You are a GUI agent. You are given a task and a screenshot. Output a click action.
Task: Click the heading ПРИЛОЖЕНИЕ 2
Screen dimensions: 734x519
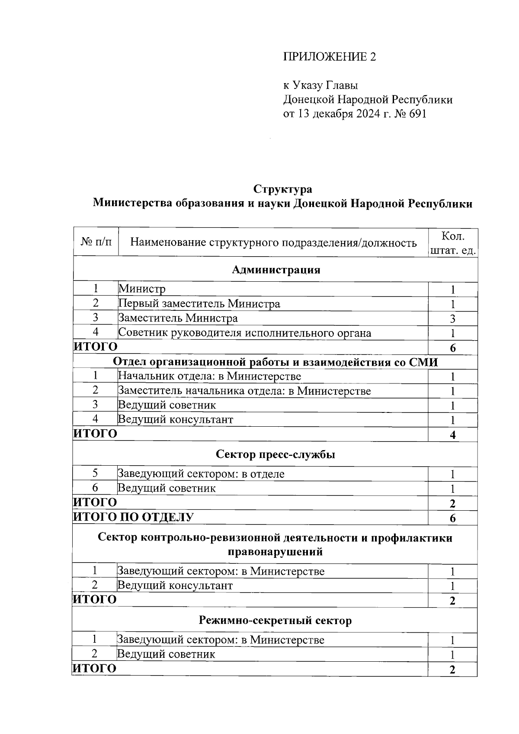point(329,57)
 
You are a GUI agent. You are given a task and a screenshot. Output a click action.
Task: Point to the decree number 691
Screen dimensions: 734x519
point(416,114)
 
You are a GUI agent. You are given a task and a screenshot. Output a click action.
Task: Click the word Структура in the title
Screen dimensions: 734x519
point(282,189)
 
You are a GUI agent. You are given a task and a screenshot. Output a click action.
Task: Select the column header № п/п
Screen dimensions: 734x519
point(96,242)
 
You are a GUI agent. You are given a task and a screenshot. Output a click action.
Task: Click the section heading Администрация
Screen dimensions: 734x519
point(276,270)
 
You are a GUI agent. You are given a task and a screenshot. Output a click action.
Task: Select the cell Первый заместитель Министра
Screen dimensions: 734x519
point(199,304)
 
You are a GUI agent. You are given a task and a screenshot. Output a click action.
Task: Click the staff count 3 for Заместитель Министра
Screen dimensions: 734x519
point(452,319)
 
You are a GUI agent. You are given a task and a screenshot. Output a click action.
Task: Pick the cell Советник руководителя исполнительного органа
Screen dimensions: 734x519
point(245,333)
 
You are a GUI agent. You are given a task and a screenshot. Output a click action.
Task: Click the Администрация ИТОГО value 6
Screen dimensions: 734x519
point(452,348)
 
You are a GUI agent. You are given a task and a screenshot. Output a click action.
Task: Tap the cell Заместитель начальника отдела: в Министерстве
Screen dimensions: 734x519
point(245,391)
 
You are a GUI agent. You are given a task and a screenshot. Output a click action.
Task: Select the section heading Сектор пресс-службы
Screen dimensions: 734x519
point(276,454)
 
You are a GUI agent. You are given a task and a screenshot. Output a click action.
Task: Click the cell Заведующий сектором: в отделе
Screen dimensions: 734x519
point(201,473)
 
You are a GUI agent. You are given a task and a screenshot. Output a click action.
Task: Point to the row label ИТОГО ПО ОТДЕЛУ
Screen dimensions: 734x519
point(133,517)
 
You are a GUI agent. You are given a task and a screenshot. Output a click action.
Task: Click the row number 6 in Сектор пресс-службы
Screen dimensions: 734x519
point(95,488)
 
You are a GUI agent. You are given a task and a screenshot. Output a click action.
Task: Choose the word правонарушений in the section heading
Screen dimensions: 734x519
point(275,552)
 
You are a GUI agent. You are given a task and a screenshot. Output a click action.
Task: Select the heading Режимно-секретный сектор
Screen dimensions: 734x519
point(275,621)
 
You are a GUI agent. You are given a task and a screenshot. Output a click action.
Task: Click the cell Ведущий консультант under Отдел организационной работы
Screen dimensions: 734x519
point(176,419)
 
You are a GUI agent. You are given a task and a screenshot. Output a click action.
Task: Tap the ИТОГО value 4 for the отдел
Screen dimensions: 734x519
point(452,435)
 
